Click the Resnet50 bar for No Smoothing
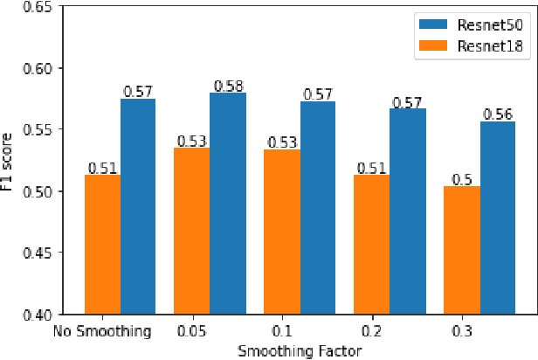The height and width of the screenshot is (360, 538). [138, 206]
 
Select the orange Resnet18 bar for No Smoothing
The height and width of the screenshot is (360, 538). [102, 244]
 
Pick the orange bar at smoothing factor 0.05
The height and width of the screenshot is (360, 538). [192, 231]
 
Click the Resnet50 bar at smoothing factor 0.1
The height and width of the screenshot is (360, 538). [318, 207]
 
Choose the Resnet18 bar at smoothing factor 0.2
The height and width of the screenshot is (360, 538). [371, 244]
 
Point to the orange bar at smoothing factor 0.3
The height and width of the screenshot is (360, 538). [461, 249]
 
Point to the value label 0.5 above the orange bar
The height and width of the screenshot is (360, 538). [461, 179]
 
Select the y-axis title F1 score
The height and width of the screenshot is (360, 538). [9, 161]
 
